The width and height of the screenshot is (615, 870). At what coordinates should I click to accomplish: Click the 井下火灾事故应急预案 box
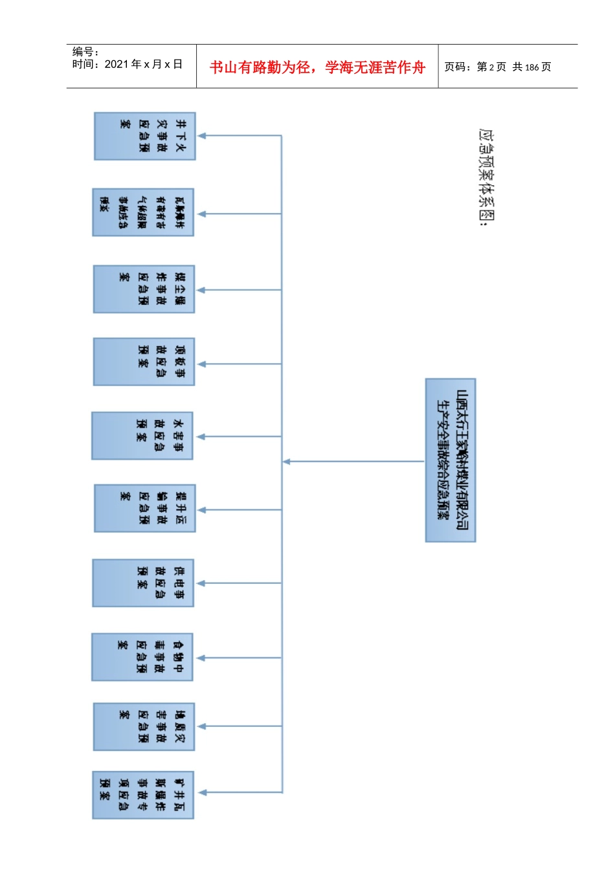pyautogui.click(x=144, y=136)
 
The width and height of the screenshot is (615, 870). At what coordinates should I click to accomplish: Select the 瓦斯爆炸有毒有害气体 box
pyautogui.click(x=143, y=212)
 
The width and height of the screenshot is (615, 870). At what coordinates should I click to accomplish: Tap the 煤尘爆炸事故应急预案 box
pyautogui.click(x=144, y=289)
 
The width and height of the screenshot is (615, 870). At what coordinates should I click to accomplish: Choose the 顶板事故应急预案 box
pyautogui.click(x=144, y=361)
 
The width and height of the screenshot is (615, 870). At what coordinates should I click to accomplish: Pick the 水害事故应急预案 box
pyautogui.click(x=142, y=436)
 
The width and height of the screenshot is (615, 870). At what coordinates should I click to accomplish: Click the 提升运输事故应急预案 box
pyautogui.click(x=144, y=508)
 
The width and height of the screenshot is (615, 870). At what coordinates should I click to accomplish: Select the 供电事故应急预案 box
pyautogui.click(x=143, y=583)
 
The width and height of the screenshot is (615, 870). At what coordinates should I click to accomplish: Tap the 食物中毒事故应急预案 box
pyautogui.click(x=142, y=657)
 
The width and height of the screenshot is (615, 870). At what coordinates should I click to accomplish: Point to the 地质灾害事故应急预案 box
pyautogui.click(x=144, y=726)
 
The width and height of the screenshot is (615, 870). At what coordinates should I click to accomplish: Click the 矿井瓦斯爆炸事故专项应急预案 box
pyautogui.click(x=143, y=794)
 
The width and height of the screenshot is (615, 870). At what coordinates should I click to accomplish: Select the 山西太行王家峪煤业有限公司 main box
pyautogui.click(x=451, y=460)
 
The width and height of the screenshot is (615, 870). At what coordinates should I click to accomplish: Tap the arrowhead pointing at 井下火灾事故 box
pyautogui.click(x=202, y=136)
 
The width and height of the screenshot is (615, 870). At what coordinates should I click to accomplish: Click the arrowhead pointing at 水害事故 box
pyautogui.click(x=201, y=437)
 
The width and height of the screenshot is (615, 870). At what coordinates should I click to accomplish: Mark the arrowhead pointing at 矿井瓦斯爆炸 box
pyautogui.click(x=202, y=792)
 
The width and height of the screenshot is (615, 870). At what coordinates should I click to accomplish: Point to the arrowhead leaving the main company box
pyautogui.click(x=287, y=462)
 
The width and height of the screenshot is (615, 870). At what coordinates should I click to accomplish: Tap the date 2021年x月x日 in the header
pyautogui.click(x=143, y=64)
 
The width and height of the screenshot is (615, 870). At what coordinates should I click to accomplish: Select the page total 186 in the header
pyautogui.click(x=532, y=67)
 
